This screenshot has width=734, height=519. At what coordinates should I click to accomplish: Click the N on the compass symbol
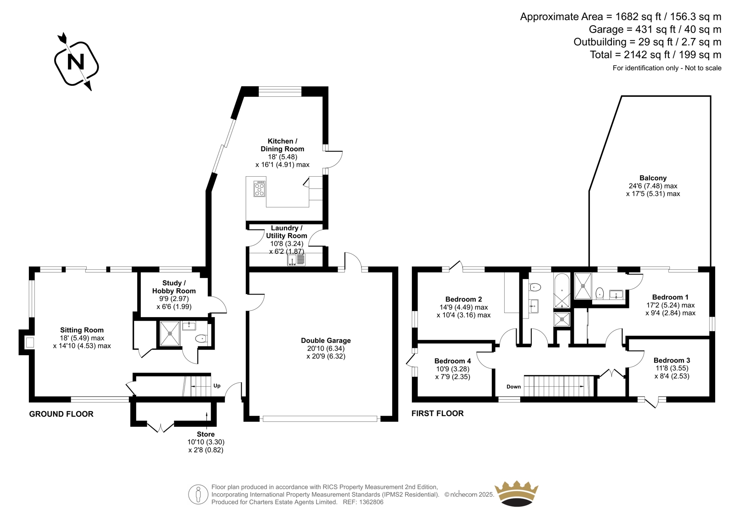[x=76, y=61]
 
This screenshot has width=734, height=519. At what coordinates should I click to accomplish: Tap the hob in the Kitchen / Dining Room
[x=260, y=189]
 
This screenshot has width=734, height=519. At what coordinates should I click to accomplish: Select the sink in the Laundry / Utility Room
[x=296, y=260]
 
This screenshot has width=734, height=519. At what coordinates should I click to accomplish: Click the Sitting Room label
[x=82, y=330]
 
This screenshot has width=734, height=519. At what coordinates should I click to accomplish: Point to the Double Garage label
[x=326, y=340]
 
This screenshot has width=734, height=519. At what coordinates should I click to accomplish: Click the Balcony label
[x=653, y=178]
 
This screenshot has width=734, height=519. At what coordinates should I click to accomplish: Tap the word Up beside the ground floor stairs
[x=217, y=386]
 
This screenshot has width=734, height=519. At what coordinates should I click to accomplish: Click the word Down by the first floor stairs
[x=513, y=387]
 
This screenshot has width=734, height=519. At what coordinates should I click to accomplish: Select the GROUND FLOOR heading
[x=61, y=414]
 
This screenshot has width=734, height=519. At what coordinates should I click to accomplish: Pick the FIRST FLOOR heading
[x=438, y=413]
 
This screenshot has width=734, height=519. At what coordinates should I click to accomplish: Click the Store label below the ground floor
[x=206, y=435]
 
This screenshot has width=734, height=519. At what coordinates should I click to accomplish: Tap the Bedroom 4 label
[x=452, y=361]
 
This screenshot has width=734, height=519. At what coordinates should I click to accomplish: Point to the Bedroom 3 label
[x=672, y=360]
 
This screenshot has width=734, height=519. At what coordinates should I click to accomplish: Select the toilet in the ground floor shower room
[x=201, y=338]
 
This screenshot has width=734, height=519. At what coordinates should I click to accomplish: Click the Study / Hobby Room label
[x=174, y=287]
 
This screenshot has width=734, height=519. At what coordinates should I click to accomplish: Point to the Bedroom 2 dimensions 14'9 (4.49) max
[x=463, y=307]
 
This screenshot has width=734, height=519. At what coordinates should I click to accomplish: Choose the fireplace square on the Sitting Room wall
[x=30, y=343]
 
